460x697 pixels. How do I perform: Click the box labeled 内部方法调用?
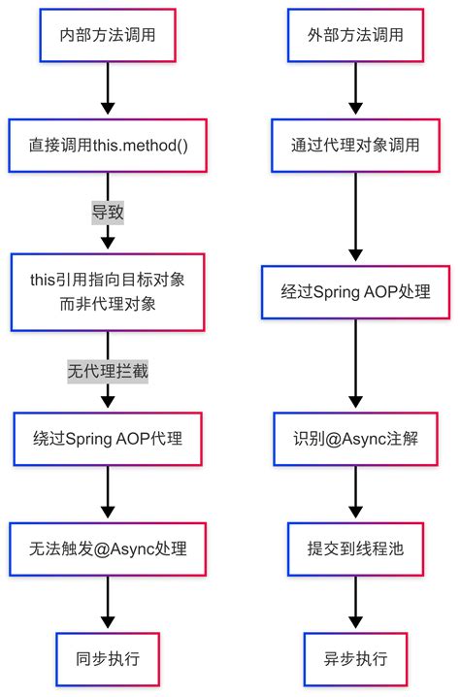point(108,36)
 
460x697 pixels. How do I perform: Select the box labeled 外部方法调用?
point(355,36)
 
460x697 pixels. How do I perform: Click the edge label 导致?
point(108,213)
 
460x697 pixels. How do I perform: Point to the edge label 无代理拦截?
point(108,371)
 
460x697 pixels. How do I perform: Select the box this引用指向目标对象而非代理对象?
point(108,291)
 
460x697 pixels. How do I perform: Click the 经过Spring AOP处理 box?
point(355,291)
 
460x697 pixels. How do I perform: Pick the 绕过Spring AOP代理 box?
point(108,438)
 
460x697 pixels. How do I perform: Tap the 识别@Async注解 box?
point(355,438)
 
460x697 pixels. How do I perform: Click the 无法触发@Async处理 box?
point(108,548)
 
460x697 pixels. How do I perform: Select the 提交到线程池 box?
point(355,548)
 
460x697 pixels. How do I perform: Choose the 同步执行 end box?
point(108,658)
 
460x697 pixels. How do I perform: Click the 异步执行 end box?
point(355,658)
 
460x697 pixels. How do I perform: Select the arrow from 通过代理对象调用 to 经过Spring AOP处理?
point(355,218)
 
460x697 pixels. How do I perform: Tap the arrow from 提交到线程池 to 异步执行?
point(355,603)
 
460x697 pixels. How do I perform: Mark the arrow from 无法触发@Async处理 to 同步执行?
point(108,603)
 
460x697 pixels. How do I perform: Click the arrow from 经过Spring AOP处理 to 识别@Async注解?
point(355,365)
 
